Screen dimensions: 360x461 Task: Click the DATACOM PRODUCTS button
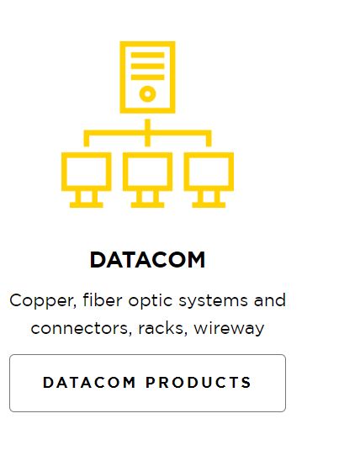pyautogui.click(x=147, y=383)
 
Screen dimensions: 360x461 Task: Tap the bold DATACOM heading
pyautogui.click(x=147, y=260)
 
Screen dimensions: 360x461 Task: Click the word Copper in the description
pyautogui.click(x=43, y=301)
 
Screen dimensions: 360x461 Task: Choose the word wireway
pyautogui.click(x=229, y=328)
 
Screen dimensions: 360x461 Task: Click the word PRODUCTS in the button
pyautogui.click(x=199, y=383)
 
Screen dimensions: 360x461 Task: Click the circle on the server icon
pyautogui.click(x=147, y=94)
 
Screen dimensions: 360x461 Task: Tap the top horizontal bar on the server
pyautogui.click(x=147, y=55)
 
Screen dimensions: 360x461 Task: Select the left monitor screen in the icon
pyautogui.click(x=87, y=172)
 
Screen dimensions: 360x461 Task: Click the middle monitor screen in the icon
pyautogui.click(x=147, y=172)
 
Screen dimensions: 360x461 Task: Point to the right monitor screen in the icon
pyautogui.click(x=209, y=172)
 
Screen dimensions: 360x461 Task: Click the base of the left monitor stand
pyautogui.click(x=87, y=204)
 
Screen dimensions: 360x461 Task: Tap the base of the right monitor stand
pyautogui.click(x=209, y=204)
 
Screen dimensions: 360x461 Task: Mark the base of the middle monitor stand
pyautogui.click(x=147, y=204)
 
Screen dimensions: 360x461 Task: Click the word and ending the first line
pyautogui.click(x=270, y=299)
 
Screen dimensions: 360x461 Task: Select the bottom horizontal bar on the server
pyautogui.click(x=147, y=77)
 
